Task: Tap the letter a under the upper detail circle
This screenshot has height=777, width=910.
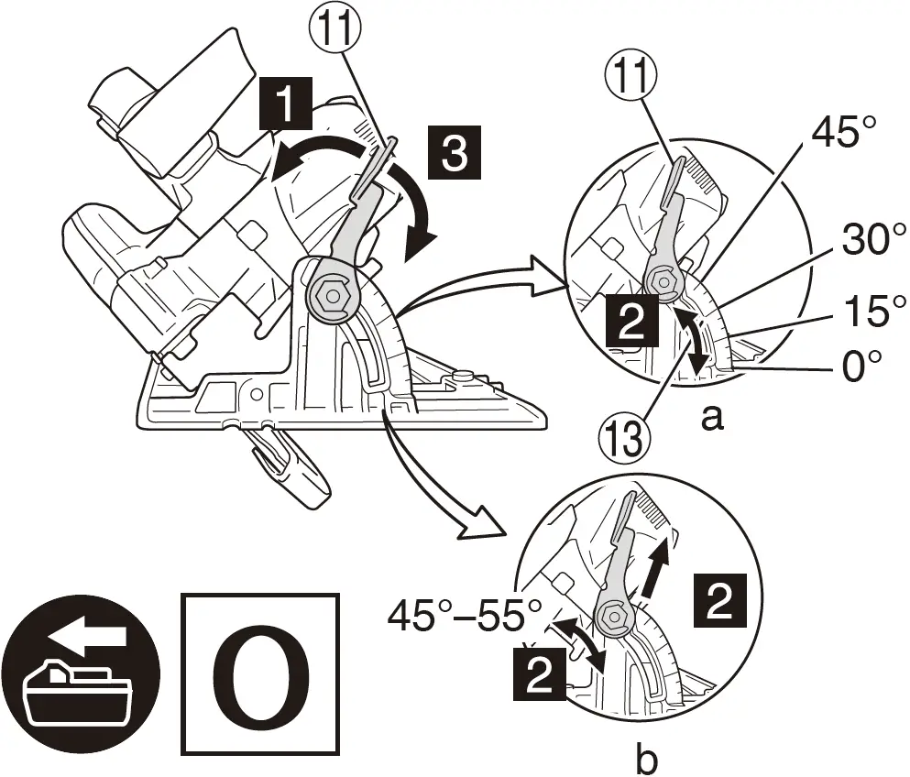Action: click(710, 420)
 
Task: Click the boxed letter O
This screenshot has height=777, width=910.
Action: click(261, 674)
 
